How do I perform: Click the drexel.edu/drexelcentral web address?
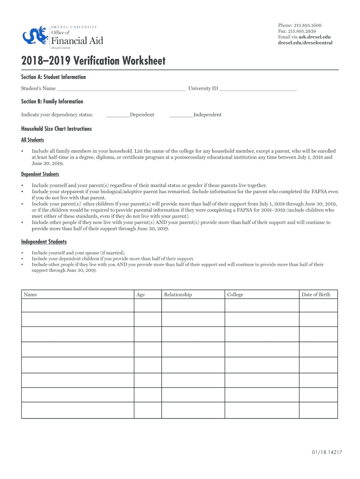[x=305, y=43]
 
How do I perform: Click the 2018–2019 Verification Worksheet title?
[x=93, y=61]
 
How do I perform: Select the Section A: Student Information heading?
[x=53, y=77]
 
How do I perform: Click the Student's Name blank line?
[x=121, y=88]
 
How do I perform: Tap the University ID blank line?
[x=258, y=88]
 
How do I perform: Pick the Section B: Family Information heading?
[x=52, y=102]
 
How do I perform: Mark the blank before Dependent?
[x=118, y=115]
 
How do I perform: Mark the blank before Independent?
[x=181, y=115]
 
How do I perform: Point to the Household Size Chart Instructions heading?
[x=56, y=129]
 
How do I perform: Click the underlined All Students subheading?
[x=32, y=140]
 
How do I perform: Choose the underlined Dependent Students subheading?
[x=40, y=174]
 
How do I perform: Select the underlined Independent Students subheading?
[x=43, y=242]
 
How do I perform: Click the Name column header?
[x=30, y=295]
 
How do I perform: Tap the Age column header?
[x=140, y=295]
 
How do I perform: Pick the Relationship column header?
[x=178, y=295]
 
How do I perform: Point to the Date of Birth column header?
[x=316, y=295]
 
